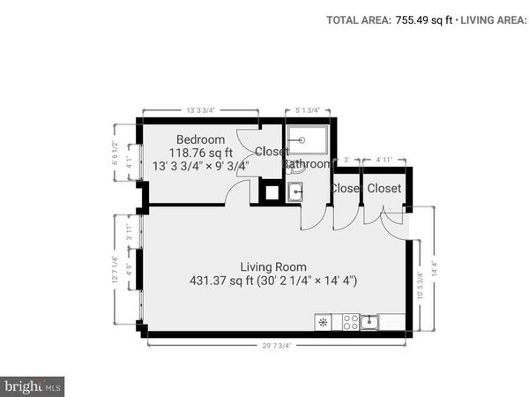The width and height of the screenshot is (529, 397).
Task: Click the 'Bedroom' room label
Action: click(200, 139)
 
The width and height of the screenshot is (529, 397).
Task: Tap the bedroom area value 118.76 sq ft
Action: click(200, 152)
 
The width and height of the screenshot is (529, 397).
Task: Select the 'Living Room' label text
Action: click(273, 266)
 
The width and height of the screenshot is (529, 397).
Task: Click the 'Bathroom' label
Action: click(307, 164)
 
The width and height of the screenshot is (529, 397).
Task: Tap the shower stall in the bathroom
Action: click(306, 140)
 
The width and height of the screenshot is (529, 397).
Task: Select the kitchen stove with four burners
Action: click(350, 322)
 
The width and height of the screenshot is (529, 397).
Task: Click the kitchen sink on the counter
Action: click(371, 322)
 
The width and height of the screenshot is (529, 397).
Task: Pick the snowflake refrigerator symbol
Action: click(324, 322)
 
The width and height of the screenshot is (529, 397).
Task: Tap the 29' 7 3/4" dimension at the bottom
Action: click(277, 346)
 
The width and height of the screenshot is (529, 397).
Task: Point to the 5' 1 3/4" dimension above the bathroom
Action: click(306, 110)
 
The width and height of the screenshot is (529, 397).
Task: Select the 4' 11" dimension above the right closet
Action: click(384, 160)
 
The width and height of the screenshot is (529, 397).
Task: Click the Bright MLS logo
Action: click(34, 386)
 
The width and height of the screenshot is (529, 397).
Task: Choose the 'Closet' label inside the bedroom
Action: click(272, 152)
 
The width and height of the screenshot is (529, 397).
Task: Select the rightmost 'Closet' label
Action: click(384, 189)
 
